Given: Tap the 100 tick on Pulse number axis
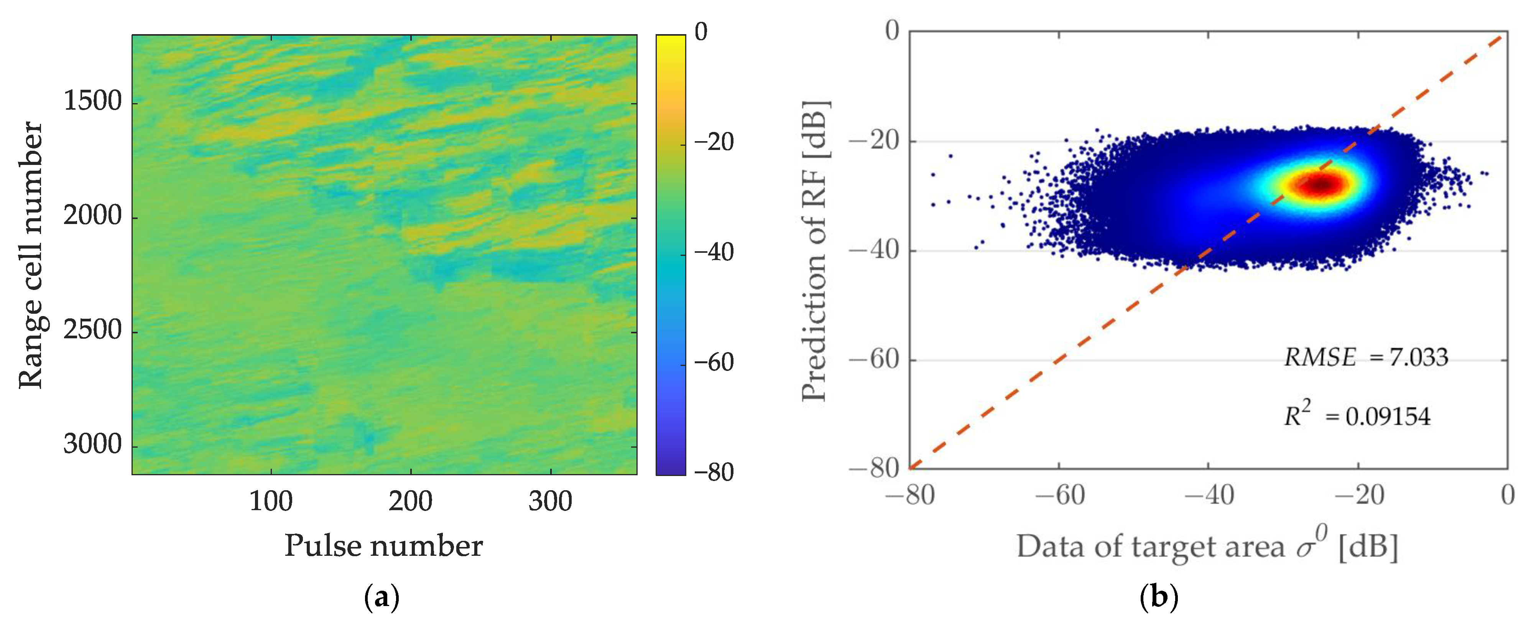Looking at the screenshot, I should click(271, 502).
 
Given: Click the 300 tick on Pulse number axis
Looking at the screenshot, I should click(550, 502).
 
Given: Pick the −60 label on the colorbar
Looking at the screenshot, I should click(713, 362).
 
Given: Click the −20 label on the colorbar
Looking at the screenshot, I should click(713, 143).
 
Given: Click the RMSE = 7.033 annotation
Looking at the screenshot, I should click(1365, 357).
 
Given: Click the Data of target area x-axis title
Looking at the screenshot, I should click(1207, 546).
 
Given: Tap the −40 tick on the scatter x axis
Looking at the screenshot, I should click(1209, 495).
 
